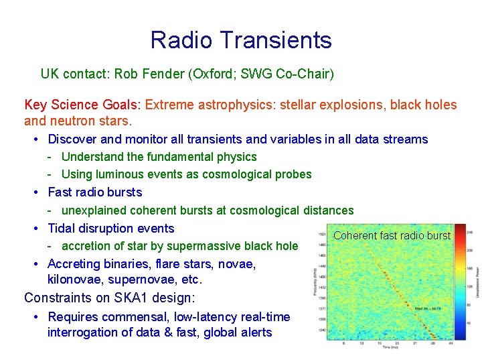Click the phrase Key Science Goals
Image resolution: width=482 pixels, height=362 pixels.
82,105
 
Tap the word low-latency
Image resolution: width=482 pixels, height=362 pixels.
194,316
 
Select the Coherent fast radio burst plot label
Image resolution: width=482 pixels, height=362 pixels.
392,235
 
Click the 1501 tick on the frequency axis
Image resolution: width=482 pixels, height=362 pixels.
321,234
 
